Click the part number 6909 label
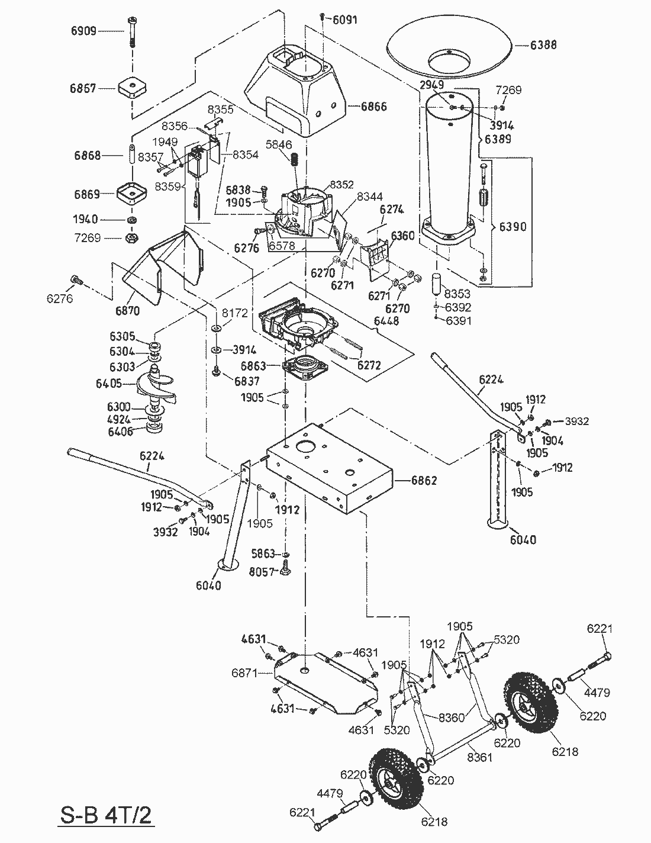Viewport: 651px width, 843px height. [84, 31]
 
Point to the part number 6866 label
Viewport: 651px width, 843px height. [374, 107]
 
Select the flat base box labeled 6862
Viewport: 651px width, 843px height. [328, 468]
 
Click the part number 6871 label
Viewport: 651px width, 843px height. [244, 673]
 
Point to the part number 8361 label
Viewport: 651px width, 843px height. [479, 757]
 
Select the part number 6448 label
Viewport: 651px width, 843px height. [386, 321]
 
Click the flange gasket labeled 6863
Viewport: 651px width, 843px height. [307, 369]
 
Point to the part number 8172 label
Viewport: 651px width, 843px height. [235, 313]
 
